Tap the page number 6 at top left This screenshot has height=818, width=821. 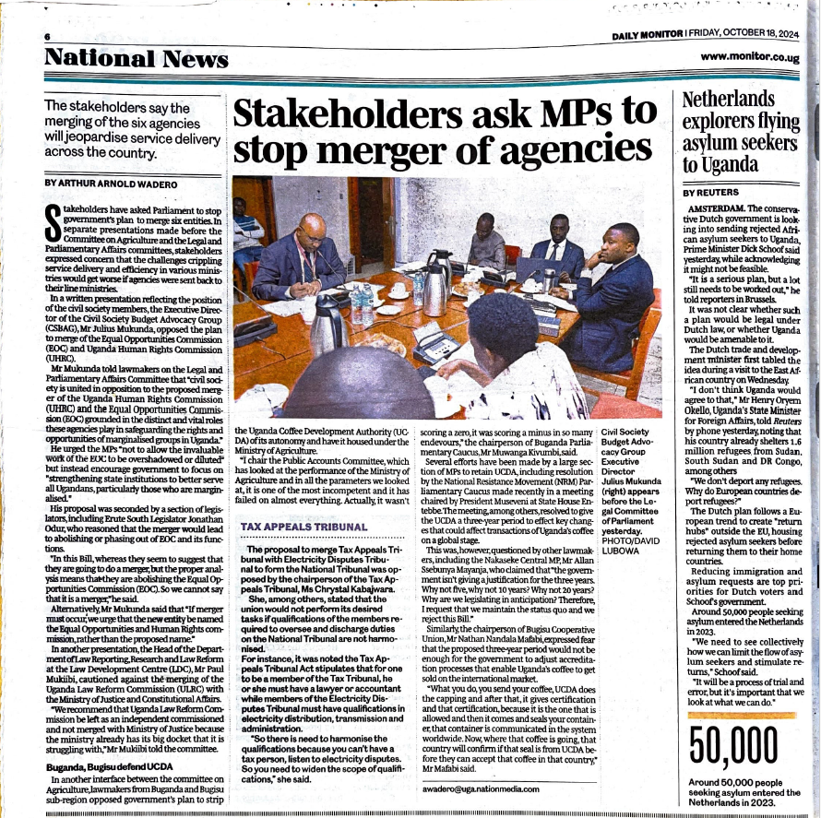[45, 36]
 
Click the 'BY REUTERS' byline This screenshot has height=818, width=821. [712, 193]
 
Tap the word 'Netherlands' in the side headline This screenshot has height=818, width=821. [728, 99]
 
